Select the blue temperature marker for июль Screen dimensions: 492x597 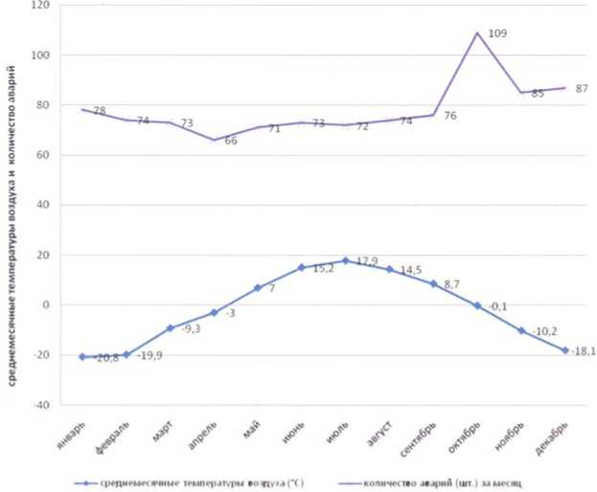pyautogui.click(x=346, y=260)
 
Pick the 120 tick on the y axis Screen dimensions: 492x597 pyautogui.click(x=41, y=5)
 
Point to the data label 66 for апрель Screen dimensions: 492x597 pyautogui.click(x=230, y=142)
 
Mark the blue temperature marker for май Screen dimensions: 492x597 pyautogui.click(x=258, y=287)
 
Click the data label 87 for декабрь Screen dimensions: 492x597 pyautogui.click(x=582, y=88)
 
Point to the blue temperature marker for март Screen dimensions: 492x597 pyautogui.click(x=171, y=328)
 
